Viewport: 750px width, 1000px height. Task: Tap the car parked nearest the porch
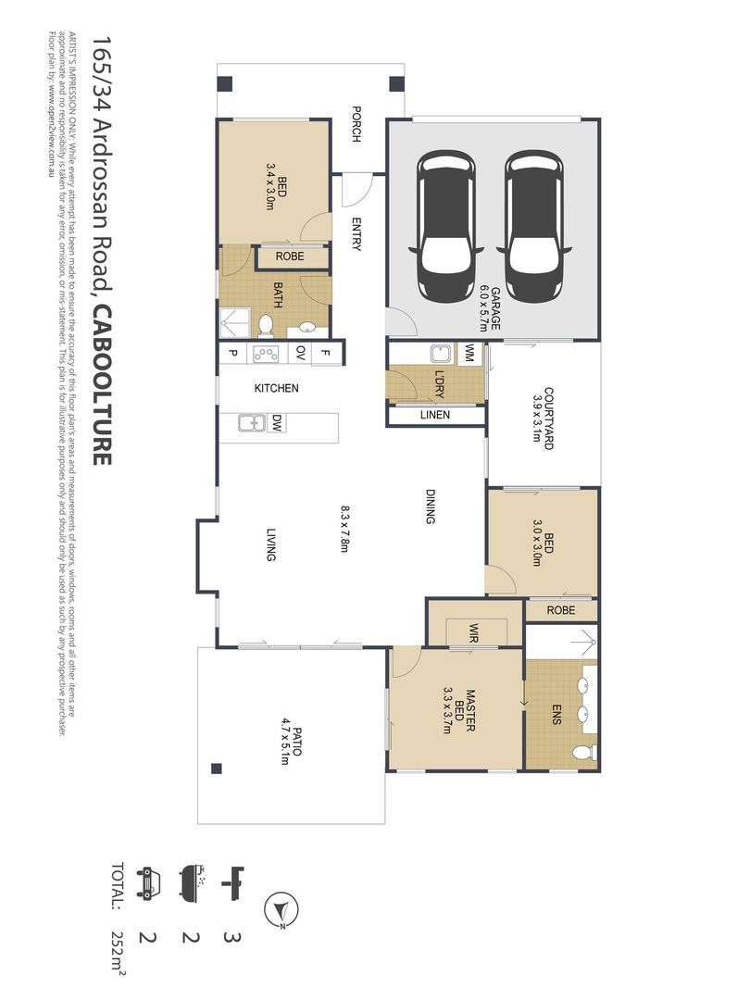[447, 227]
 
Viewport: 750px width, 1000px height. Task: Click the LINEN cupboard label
[434, 415]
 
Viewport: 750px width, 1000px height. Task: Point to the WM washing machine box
[469, 353]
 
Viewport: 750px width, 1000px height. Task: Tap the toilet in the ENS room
[582, 752]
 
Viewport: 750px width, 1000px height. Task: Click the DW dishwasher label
[277, 424]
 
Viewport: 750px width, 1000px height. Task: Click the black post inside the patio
[216, 767]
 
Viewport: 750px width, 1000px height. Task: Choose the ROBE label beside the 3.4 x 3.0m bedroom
[290, 256]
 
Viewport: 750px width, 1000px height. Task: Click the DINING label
[430, 506]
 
